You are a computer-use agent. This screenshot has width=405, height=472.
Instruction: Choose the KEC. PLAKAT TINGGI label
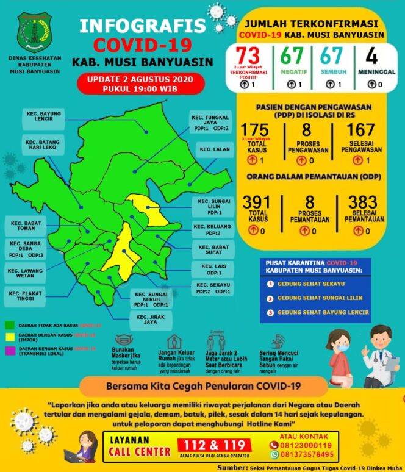pyautogui.click(x=26, y=296)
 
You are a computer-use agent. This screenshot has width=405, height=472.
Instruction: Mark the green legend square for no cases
pyautogui.click(x=9, y=326)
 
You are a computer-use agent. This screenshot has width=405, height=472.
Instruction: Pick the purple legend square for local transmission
pyautogui.click(x=9, y=349)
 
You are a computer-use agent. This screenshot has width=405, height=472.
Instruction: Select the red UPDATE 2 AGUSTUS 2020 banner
pyautogui.click(x=135, y=84)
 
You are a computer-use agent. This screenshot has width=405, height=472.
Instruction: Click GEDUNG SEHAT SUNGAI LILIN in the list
pyautogui.click(x=319, y=298)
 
